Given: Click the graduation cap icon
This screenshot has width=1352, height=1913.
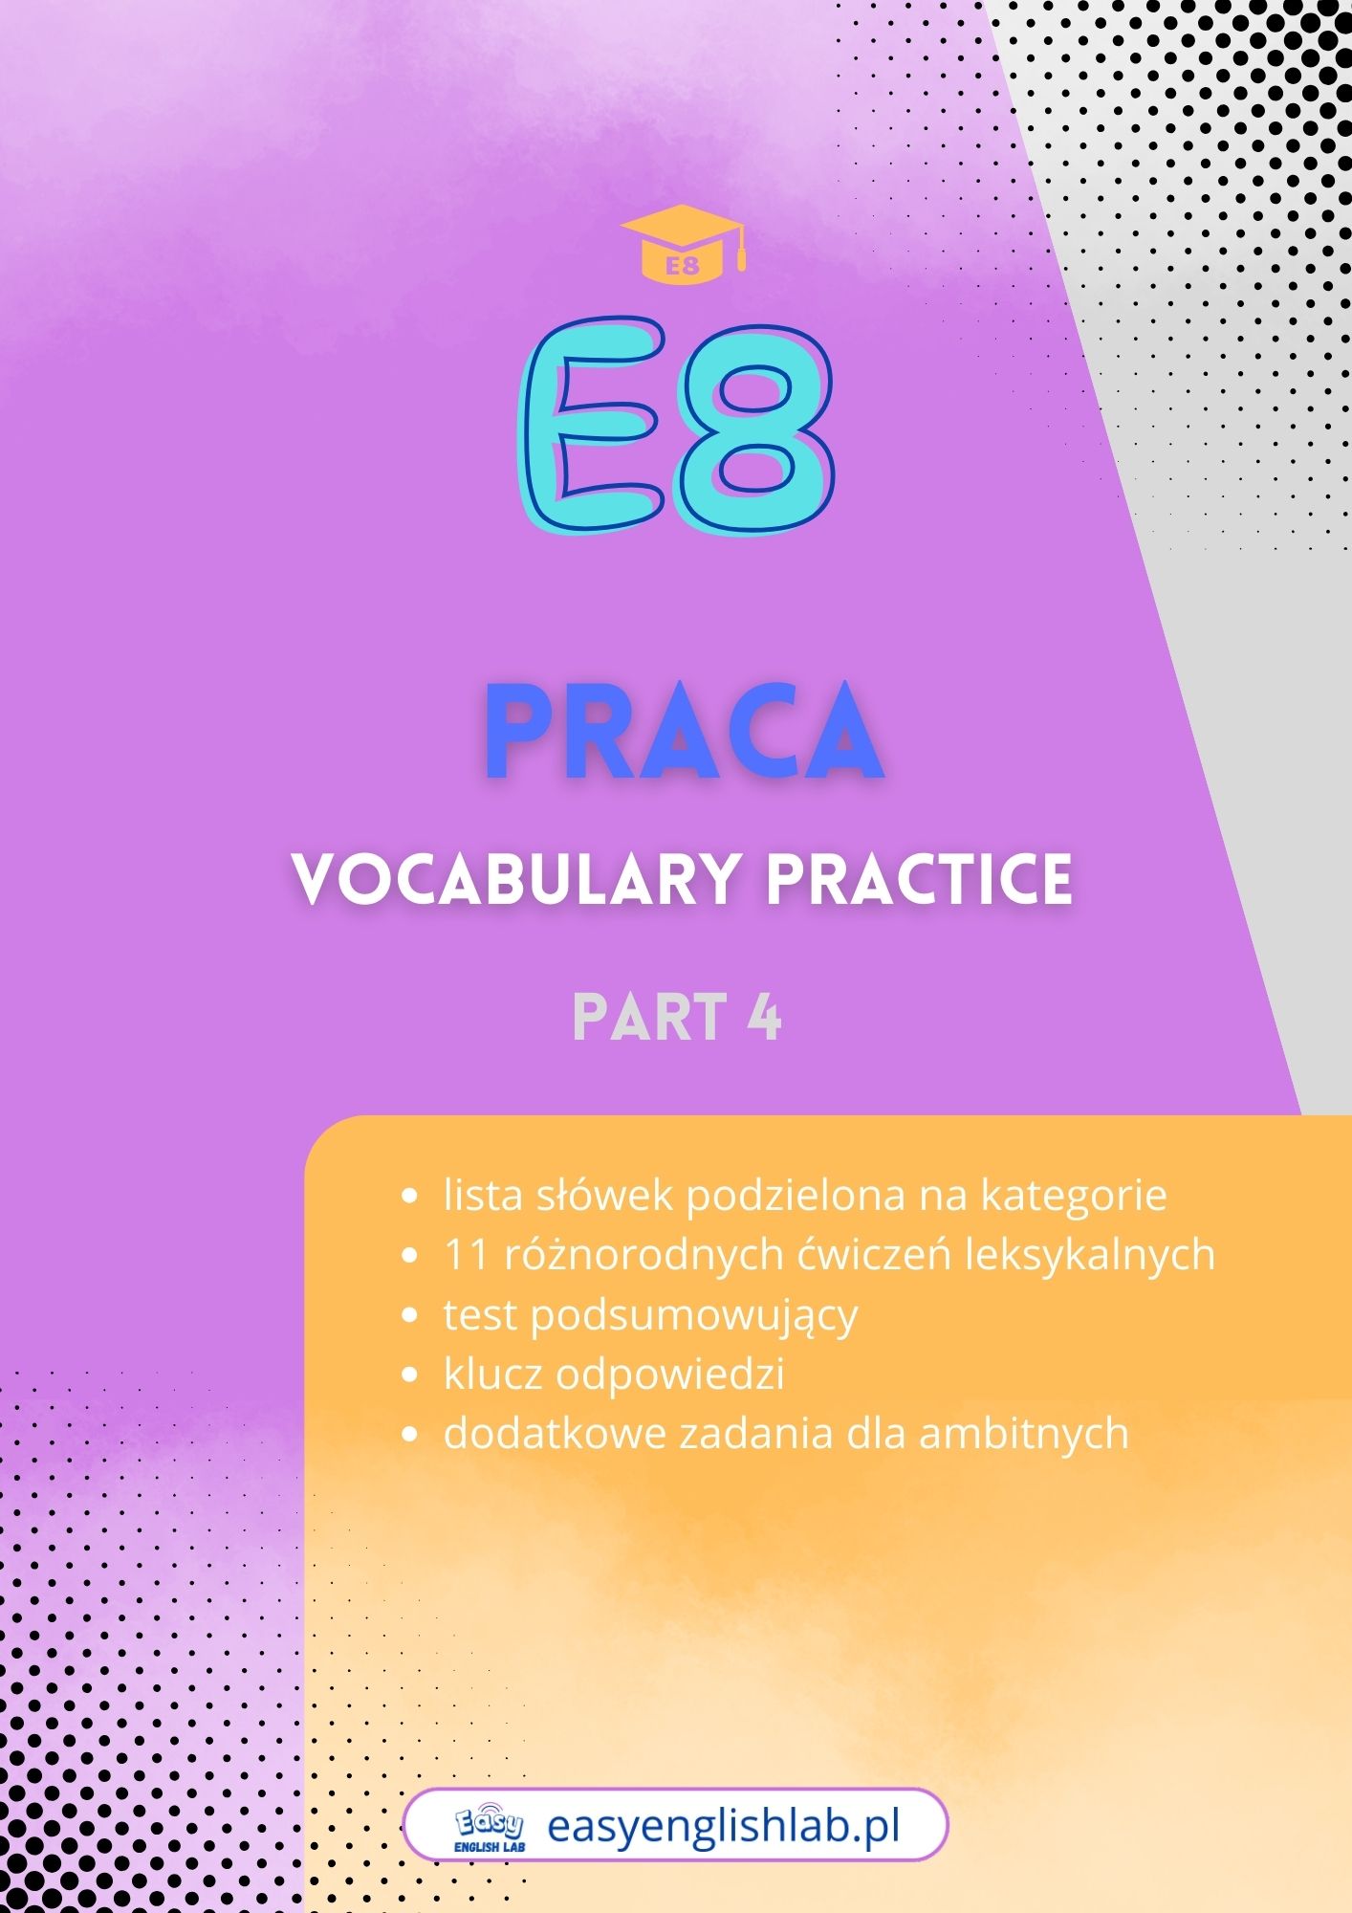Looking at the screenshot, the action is pyautogui.click(x=682, y=244).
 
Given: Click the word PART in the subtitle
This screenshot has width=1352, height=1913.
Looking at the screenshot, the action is pyautogui.click(x=649, y=1016).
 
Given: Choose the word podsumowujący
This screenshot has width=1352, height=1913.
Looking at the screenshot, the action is pyautogui.click(x=694, y=1315).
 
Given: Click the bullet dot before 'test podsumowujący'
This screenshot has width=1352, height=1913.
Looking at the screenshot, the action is pyautogui.click(x=410, y=1316).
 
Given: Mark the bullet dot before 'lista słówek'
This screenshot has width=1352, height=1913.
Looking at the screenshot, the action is pyautogui.click(x=410, y=1197).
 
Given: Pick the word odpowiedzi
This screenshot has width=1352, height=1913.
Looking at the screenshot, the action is pyautogui.click(x=670, y=1374).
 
